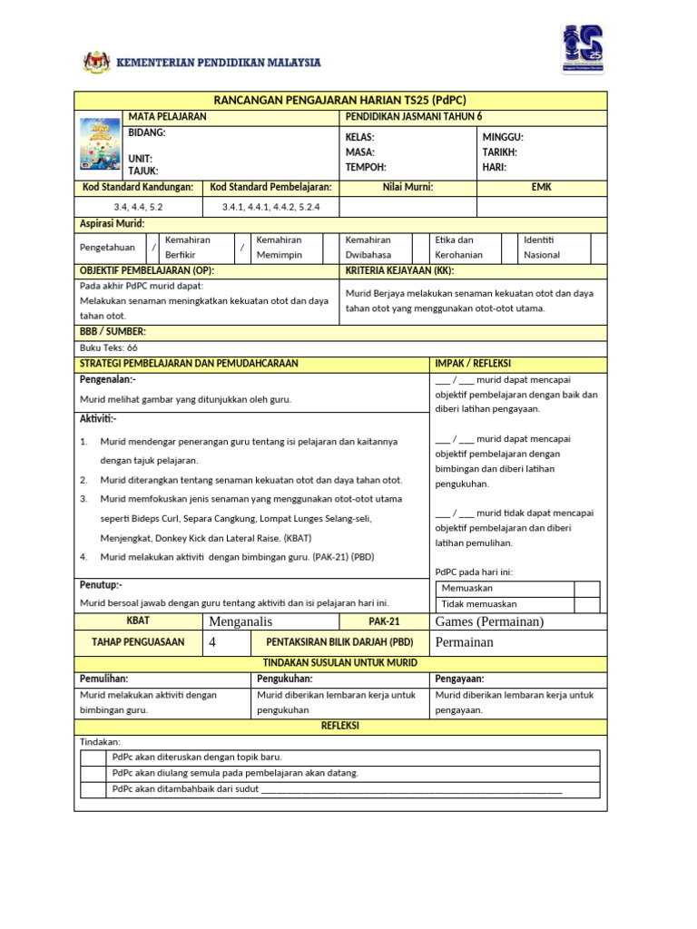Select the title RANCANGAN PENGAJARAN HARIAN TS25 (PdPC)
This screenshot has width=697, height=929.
point(339,101)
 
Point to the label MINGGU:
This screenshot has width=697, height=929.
point(503,137)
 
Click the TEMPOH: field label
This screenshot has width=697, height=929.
point(365,167)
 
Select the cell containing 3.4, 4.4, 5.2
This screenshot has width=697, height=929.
point(138,207)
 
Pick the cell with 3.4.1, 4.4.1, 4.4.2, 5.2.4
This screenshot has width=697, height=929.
point(270,207)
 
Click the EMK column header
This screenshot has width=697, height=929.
point(541,187)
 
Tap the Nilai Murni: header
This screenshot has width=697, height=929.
point(407,187)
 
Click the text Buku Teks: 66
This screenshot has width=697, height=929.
point(109,347)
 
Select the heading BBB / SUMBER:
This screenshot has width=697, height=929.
point(113,332)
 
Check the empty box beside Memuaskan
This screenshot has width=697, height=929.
point(587,589)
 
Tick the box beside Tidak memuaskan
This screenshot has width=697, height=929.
point(587,604)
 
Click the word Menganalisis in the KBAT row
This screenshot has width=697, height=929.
point(241,621)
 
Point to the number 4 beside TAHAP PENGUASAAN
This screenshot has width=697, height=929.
point(213,642)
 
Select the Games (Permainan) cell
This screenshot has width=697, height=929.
point(489,621)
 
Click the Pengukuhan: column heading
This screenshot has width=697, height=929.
point(285,679)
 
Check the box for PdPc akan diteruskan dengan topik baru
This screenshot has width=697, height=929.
point(93,757)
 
